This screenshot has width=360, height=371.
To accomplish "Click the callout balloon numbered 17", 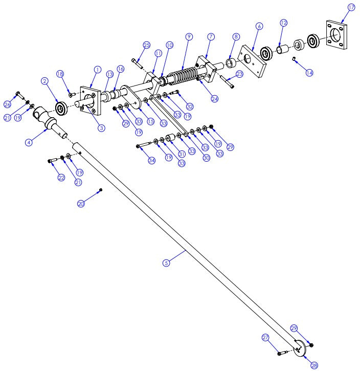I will click(351, 8).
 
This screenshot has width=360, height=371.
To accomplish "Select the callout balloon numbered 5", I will click(166, 263).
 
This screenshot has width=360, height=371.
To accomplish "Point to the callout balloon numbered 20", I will click(81, 204).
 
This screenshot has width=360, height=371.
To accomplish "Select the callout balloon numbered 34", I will click(151, 161).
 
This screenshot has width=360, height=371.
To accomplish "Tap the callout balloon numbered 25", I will click(146, 46).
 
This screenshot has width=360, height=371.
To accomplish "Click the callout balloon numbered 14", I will click(308, 73).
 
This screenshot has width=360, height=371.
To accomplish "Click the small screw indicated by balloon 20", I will click(101, 190).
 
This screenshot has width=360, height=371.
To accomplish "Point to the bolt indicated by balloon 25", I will click(136, 63).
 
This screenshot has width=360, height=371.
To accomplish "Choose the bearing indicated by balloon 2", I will click(62, 108).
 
